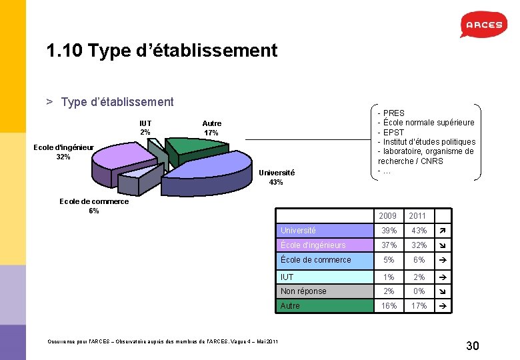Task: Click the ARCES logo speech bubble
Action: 484,25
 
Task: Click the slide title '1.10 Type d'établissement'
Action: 161,50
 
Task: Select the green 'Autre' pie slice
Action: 195,148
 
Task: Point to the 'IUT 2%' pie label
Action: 145,127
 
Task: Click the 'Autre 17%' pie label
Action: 211,128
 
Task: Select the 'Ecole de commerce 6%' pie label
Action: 94,206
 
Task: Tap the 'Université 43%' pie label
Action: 276,177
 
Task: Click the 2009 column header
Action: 387,216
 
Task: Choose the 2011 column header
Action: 417,216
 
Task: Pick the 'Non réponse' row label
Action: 303,291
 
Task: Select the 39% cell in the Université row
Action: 388,230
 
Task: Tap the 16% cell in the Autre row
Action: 388,305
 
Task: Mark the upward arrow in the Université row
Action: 441,230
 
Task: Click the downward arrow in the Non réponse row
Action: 441,291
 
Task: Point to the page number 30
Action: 472,345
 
